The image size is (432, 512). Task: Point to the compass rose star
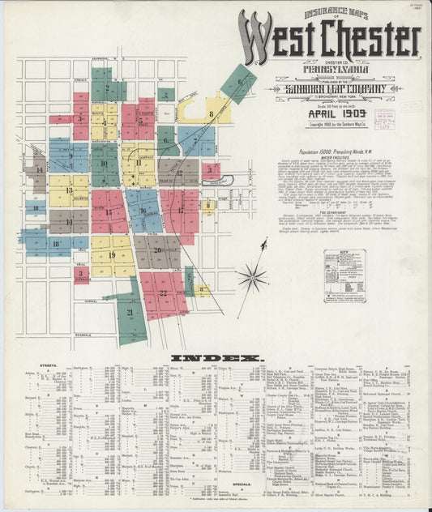pos(252,277)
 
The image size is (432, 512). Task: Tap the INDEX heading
pos(216,357)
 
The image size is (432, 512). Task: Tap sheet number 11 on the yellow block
pos(139,163)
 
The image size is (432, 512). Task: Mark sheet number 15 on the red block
pos(109,212)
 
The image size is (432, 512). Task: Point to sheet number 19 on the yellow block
pos(111,254)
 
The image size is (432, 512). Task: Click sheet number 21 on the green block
pos(130,311)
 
